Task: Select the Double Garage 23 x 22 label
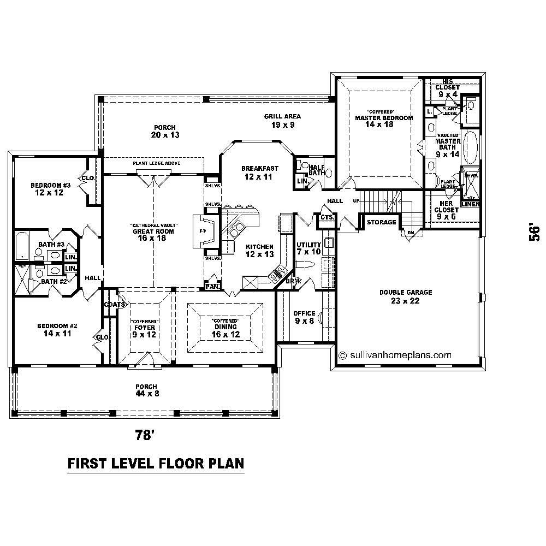[x=406, y=296]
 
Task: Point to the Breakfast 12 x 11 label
[x=260, y=173]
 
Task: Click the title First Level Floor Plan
[x=155, y=464]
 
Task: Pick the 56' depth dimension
[x=535, y=231]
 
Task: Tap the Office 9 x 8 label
[x=304, y=317]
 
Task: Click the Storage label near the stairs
[x=381, y=222]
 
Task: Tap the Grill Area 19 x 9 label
[x=282, y=120]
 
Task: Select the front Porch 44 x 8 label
[x=147, y=390]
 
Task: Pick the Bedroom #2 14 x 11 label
[x=57, y=330]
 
